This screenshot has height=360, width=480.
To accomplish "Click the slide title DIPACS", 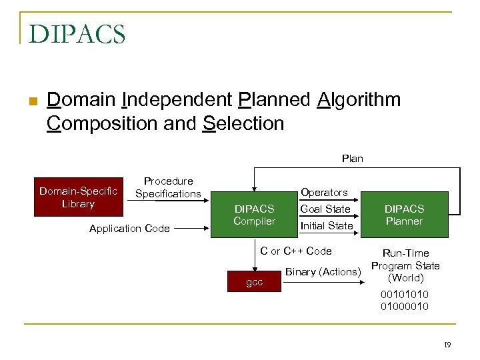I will pos(77,33).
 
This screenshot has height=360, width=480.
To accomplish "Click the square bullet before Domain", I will pos(31,102).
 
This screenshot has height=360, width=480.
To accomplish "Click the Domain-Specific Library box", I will pos(78,197).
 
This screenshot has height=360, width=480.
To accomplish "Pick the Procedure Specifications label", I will pos(168,187).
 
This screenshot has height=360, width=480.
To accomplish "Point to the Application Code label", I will pos(129,229).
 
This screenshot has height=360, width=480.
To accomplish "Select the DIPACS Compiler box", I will pos(254,215).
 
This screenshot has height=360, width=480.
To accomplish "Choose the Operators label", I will pos(324,192).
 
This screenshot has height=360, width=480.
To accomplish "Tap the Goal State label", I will pos(325,209).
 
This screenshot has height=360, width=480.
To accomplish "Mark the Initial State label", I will pos(326,226).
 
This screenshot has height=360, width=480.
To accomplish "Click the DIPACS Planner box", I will pos(404,215).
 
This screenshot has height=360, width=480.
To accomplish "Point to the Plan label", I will pos(352,158).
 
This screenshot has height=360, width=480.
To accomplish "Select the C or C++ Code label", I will pos(295,251).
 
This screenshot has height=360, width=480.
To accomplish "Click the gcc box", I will pos(254,282).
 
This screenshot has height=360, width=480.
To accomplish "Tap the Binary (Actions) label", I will pos(323,271).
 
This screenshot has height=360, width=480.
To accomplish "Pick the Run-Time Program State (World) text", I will pos(405,265).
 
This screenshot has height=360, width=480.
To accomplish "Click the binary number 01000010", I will pos(405,306).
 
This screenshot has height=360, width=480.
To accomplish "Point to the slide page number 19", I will pos(447,345).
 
